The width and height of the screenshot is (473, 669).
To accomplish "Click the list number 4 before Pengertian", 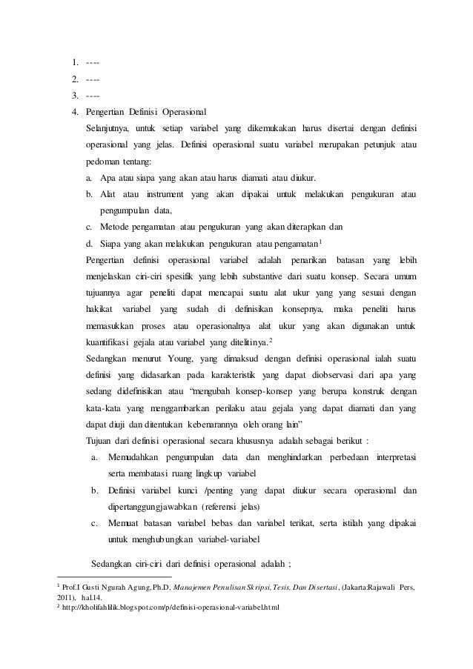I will point(75,111).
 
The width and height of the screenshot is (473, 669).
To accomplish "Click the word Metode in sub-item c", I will point(116,227).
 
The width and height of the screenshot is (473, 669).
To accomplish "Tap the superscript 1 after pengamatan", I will point(320,240).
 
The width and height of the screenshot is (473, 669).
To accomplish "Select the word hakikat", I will point(99,310).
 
